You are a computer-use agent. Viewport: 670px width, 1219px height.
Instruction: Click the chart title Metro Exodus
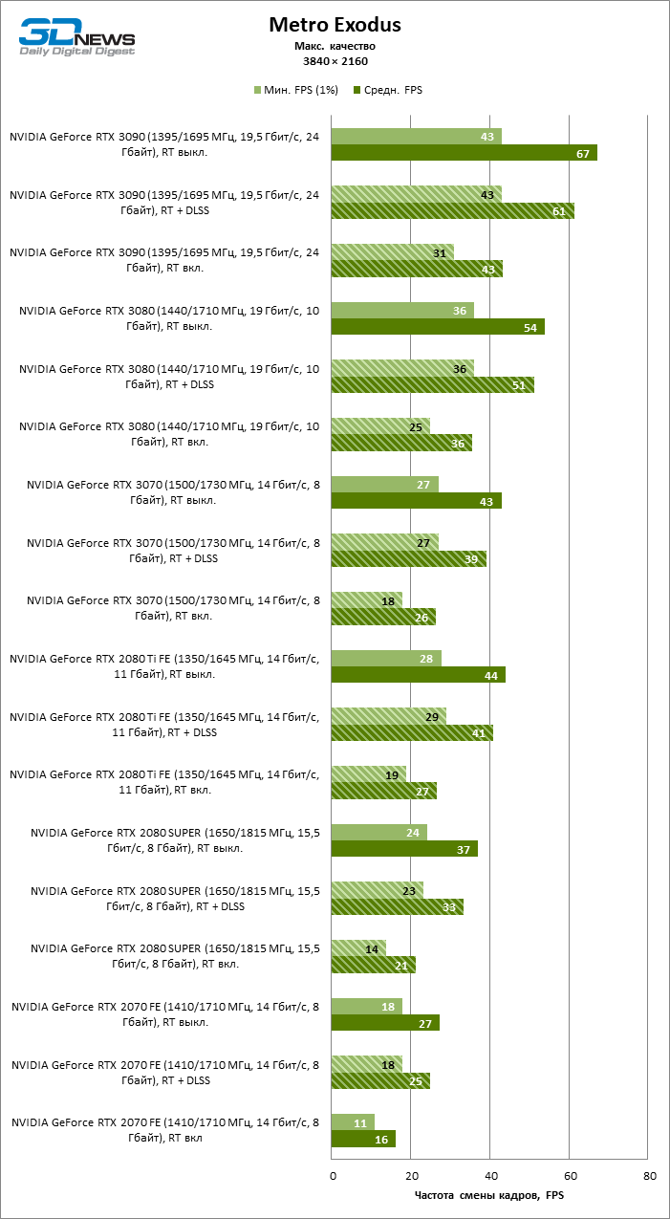(335, 25)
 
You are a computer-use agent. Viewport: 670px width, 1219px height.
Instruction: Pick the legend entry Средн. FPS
(387, 91)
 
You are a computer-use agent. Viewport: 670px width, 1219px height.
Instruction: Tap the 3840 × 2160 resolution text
(335, 61)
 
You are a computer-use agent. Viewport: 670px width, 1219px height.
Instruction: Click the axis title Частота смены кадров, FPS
(489, 1196)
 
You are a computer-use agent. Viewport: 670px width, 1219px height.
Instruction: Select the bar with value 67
(465, 153)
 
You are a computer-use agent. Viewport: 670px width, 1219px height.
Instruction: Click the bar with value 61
(453, 211)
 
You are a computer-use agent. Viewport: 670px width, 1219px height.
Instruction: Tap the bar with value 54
(439, 327)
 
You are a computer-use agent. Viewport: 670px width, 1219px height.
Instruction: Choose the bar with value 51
(433, 385)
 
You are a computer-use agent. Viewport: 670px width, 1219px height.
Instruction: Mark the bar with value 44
(419, 675)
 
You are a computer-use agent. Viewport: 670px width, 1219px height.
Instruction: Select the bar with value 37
(405, 849)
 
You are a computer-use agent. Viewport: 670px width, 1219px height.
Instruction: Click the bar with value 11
(353, 1122)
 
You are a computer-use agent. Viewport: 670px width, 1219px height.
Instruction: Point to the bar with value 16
(363, 1139)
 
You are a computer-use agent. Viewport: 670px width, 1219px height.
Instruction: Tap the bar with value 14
(358, 948)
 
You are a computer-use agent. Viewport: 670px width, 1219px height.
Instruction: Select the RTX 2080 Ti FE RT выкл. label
(164, 666)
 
